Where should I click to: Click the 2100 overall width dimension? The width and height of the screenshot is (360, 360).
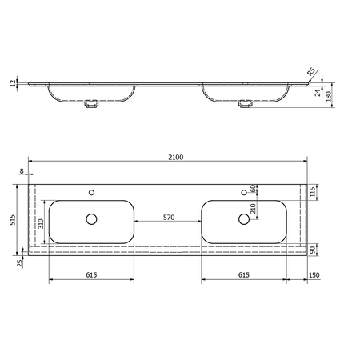(176, 158)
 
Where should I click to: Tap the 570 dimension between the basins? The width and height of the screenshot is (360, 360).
(169, 218)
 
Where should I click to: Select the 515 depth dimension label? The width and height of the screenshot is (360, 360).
(13, 220)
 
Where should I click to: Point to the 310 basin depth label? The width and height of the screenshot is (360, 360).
(41, 223)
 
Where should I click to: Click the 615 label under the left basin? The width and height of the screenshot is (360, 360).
(91, 274)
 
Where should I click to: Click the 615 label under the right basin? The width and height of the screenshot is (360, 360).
(244, 274)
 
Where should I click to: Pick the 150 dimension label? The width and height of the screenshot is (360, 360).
(314, 274)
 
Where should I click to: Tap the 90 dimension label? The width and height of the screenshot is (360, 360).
(313, 250)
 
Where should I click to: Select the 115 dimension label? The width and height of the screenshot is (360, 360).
(313, 192)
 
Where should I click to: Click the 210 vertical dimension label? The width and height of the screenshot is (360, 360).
(253, 209)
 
